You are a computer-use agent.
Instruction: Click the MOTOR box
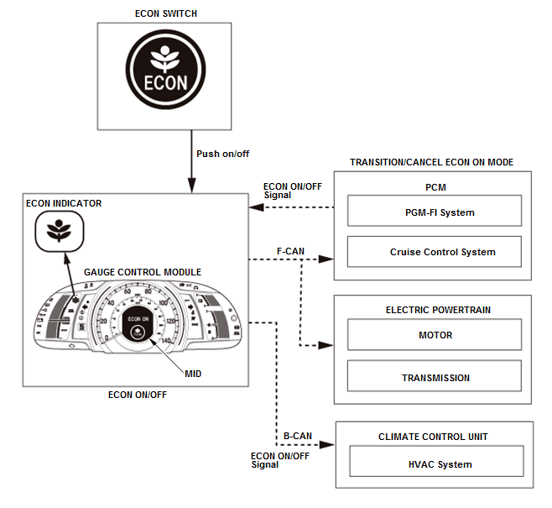[435, 335]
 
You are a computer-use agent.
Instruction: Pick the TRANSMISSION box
[435, 378]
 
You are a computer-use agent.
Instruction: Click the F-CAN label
[291, 250]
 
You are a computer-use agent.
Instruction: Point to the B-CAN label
[297, 437]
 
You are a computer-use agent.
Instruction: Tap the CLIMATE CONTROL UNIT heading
[433, 437]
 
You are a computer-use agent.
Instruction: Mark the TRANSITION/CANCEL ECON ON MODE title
[431, 162]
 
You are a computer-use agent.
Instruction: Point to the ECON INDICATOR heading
[64, 203]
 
